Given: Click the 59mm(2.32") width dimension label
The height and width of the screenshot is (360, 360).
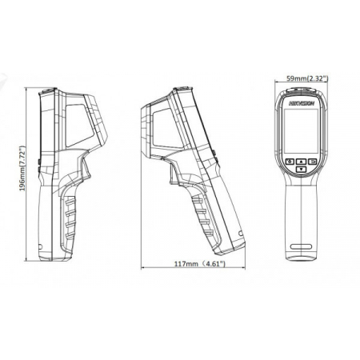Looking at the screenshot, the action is (x=307, y=78).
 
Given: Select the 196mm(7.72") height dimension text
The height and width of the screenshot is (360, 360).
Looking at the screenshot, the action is (x=22, y=168).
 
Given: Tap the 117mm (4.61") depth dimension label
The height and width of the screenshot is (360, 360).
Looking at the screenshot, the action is (x=200, y=264).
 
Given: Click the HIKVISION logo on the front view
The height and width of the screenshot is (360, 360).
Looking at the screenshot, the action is (x=302, y=103).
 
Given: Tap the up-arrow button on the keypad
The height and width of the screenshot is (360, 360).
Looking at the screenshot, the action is (x=302, y=162).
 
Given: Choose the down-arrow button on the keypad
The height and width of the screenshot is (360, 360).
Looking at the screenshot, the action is (x=302, y=169).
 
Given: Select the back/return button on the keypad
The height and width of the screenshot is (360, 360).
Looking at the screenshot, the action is (x=313, y=162).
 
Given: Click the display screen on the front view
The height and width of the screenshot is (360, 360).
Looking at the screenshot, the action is (x=302, y=131).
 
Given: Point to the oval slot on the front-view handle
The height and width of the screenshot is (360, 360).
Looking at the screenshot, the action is (x=302, y=246).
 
